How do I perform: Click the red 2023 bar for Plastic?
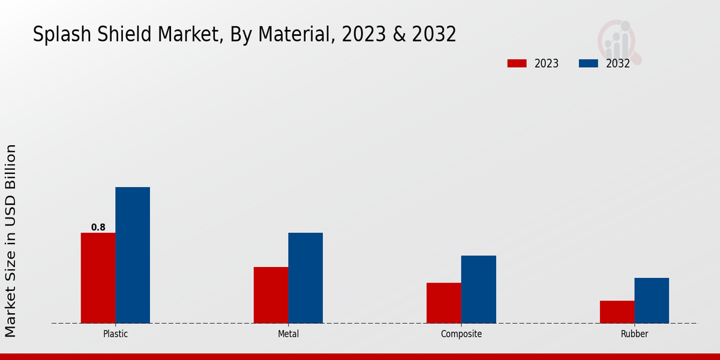98,278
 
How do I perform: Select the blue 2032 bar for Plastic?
133,255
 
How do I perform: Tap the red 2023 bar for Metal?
271,295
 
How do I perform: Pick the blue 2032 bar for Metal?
305,278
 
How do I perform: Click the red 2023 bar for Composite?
444,303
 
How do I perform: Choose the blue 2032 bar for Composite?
479,289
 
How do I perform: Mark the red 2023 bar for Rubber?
617,312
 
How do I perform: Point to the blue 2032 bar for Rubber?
652,301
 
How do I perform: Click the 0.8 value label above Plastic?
98,227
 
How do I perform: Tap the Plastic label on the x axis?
115,334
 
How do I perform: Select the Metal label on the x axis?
288,334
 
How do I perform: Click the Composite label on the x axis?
461,334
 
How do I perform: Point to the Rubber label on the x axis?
634,334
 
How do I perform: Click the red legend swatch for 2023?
517,64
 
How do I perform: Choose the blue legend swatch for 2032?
588,64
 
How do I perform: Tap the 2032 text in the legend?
617,64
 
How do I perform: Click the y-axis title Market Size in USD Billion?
11,240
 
